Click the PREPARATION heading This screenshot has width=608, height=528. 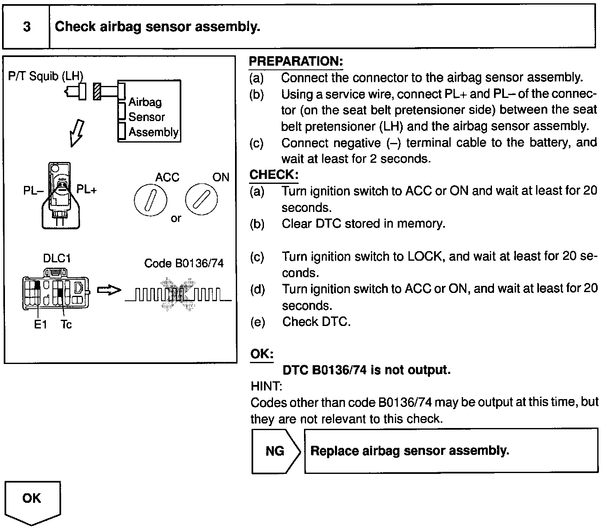pyautogui.click(x=296, y=62)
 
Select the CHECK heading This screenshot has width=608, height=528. pyautogui.click(x=273, y=174)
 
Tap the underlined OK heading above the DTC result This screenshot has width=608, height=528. pyautogui.click(x=262, y=354)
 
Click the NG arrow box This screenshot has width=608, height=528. pyautogui.click(x=275, y=451)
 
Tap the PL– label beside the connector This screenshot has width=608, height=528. pyautogui.click(x=33, y=191)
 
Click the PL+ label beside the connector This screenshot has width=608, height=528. pyautogui.click(x=87, y=190)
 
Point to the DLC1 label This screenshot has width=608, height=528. pyautogui.click(x=57, y=259)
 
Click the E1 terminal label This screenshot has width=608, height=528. pyautogui.click(x=40, y=325)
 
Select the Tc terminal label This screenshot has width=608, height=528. pyautogui.click(x=66, y=325)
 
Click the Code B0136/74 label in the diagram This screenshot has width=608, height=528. pyautogui.click(x=184, y=263)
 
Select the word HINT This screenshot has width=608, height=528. pyautogui.click(x=266, y=386)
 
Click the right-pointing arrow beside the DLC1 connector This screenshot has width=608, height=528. pyautogui.click(x=109, y=290)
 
